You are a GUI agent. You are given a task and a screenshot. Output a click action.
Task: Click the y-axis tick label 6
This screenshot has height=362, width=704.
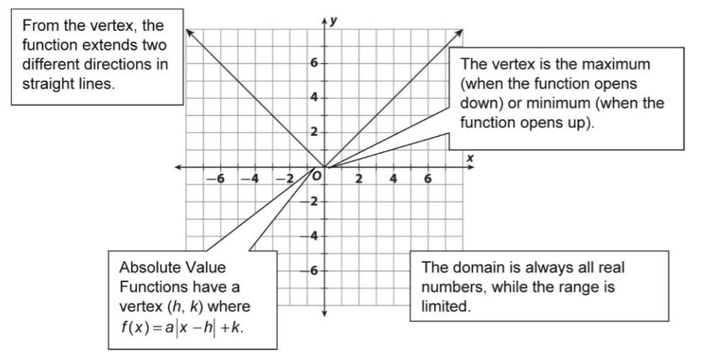click(313, 63)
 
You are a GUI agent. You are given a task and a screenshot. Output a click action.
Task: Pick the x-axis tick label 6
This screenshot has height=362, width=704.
click(428, 179)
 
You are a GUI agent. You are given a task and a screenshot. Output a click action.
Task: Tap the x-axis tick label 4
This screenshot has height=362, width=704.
click(393, 179)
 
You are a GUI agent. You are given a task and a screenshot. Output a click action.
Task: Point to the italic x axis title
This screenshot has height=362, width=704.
click(470, 158)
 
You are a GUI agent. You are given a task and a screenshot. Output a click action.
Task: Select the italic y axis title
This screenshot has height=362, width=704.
click(333, 21)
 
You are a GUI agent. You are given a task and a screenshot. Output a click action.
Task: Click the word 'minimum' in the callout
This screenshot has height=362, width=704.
click(585, 103)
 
